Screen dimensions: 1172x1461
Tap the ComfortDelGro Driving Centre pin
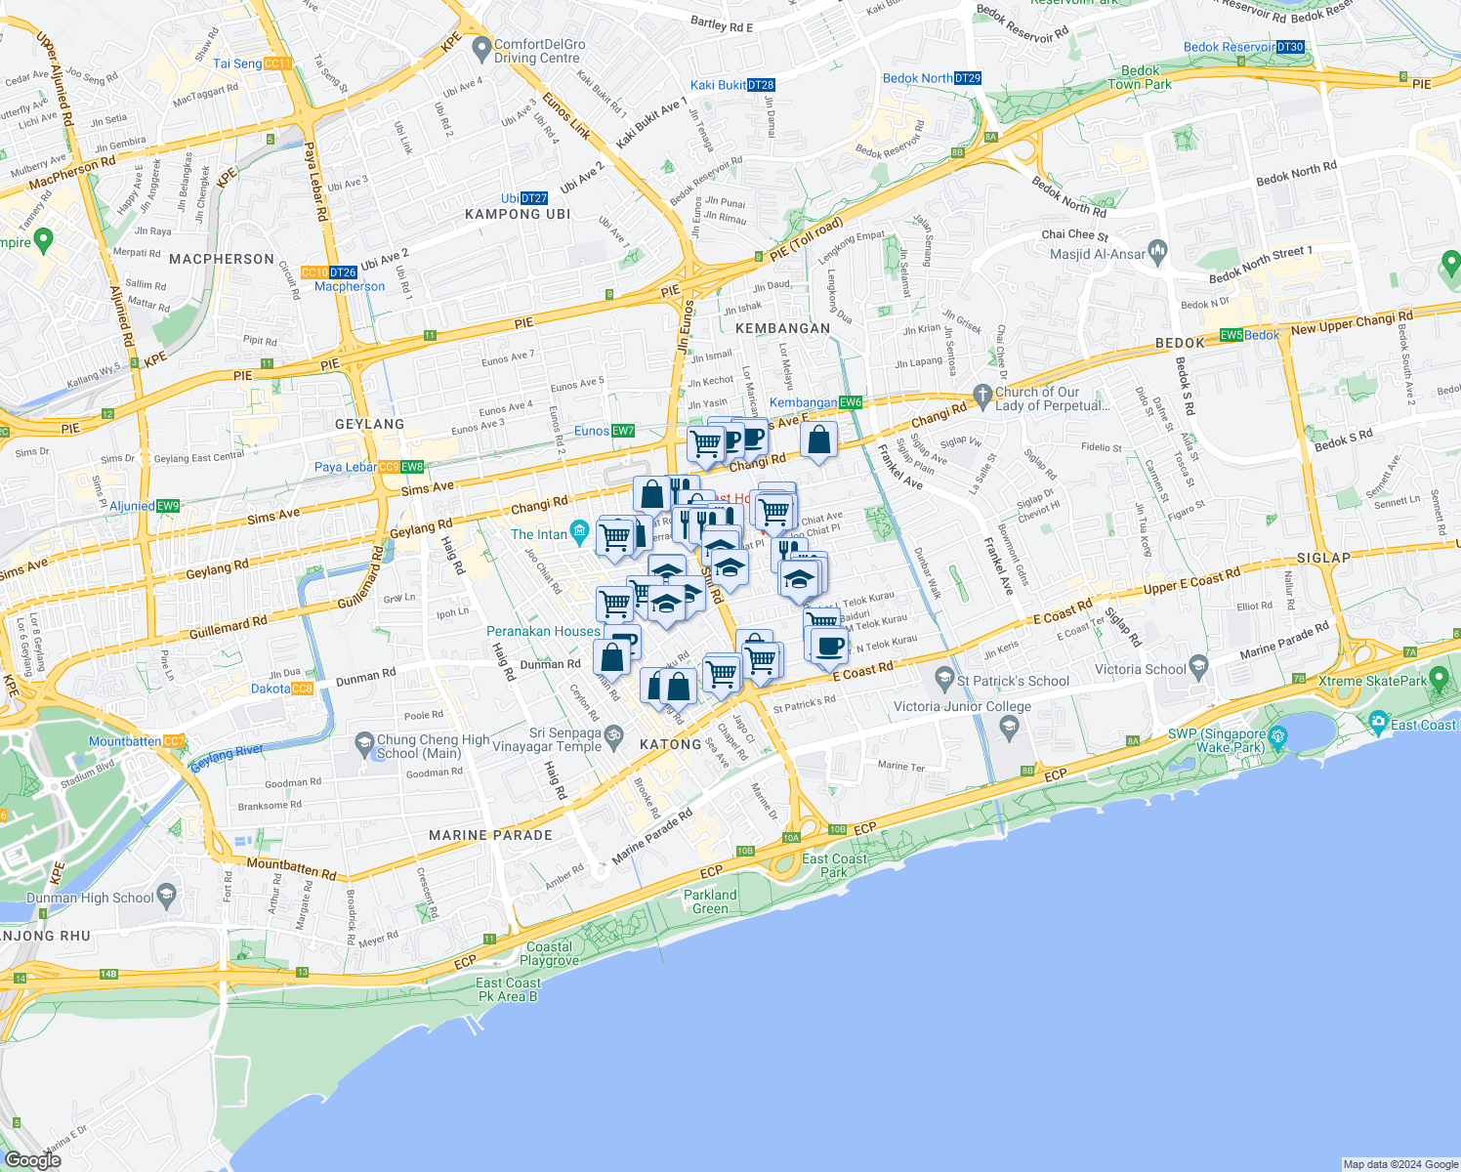click(x=480, y=46)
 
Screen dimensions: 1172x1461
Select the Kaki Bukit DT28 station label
click(x=732, y=85)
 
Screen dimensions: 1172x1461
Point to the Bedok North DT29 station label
click(x=932, y=78)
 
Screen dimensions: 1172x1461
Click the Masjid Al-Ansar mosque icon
click(x=1158, y=253)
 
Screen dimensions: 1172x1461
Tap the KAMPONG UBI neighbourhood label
click(x=517, y=214)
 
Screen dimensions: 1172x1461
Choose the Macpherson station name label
click(x=350, y=286)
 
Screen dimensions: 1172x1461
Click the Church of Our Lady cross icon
click(x=982, y=394)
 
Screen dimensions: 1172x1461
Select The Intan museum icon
click(x=580, y=533)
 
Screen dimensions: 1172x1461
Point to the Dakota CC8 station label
click(x=282, y=689)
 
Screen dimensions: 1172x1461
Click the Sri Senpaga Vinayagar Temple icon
click(x=614, y=734)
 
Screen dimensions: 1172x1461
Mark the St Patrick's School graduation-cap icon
click(x=943, y=677)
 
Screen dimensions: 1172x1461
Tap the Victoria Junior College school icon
click(x=1010, y=726)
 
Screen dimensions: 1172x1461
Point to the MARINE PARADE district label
click(x=490, y=835)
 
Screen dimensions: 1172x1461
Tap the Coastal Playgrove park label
click(x=549, y=953)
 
